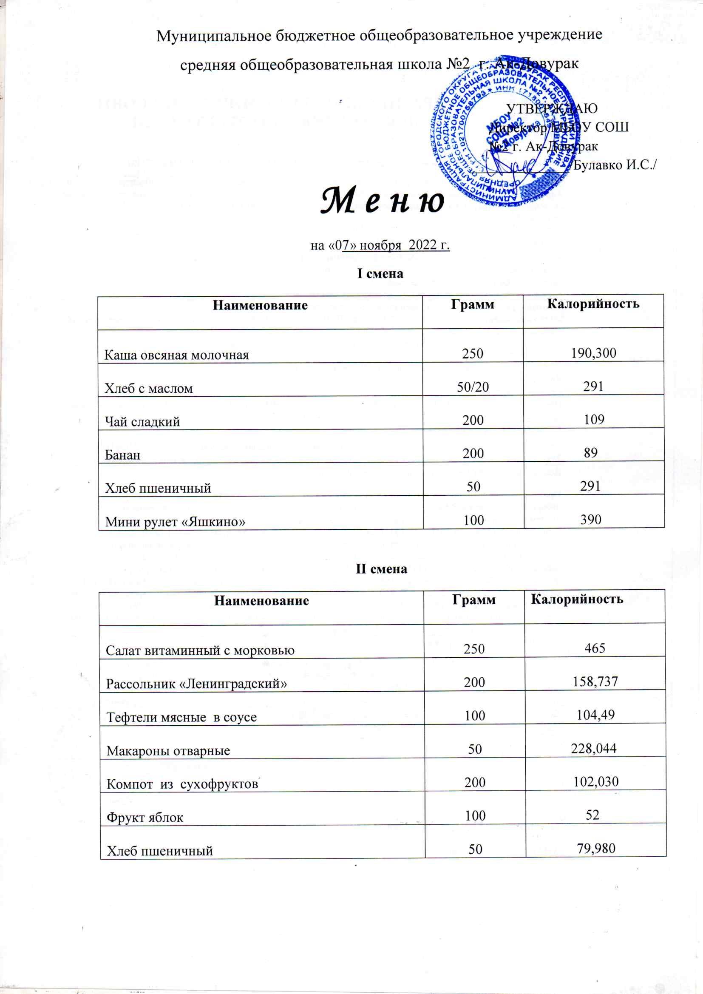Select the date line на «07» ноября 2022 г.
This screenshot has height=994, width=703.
380,245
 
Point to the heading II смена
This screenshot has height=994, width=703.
381,568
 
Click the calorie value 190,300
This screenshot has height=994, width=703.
593,353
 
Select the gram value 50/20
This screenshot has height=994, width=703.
473,386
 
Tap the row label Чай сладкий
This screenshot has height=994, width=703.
142,421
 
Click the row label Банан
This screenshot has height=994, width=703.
122,454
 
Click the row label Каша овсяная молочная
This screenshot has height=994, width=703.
177,355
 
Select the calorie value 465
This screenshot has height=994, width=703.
594,648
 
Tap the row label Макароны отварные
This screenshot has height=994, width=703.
168,750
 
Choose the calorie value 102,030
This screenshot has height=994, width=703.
595,781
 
